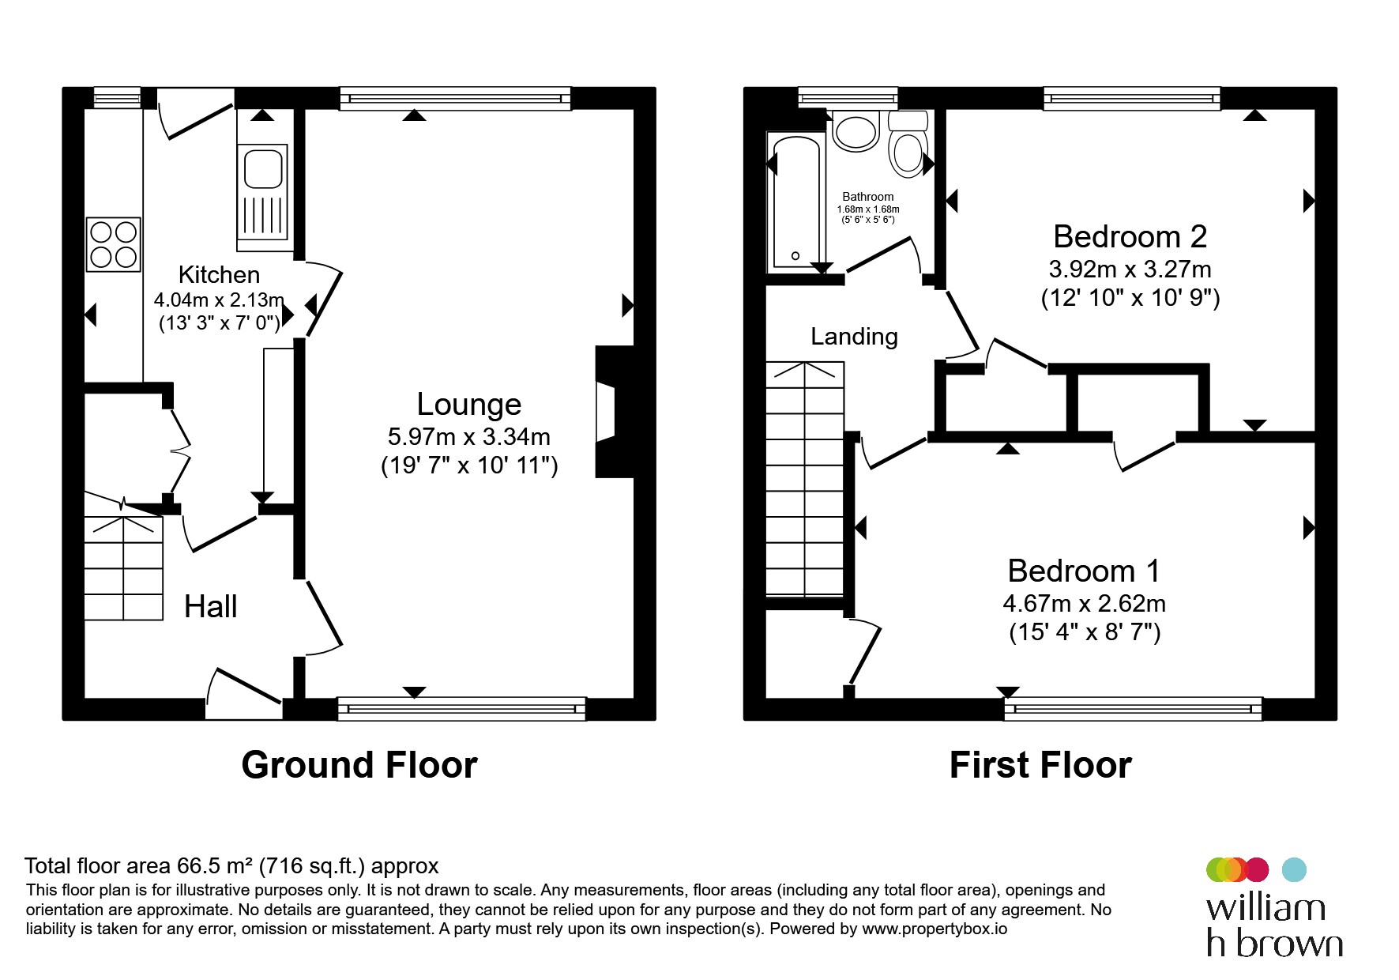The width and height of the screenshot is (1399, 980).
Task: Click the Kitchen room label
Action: coord(219,275)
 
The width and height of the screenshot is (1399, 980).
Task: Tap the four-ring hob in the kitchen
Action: coord(114,244)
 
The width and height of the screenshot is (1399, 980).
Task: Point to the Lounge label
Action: coord(469,405)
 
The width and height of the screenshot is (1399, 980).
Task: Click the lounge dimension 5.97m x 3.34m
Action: coord(469,436)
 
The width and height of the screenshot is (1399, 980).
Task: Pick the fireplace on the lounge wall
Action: coord(615,411)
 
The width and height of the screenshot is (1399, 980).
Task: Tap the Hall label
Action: coord(211,607)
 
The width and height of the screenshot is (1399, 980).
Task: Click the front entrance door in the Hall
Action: coord(244,694)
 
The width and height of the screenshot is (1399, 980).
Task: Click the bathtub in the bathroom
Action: coord(796,202)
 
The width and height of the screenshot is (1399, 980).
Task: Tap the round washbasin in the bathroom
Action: coord(856,131)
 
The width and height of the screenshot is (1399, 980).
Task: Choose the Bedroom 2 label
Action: coord(1130,236)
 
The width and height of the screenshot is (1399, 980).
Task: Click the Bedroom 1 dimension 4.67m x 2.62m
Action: coord(1085,604)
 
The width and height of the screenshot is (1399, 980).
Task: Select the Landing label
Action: coord(855,337)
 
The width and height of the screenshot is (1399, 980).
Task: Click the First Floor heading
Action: coord(1040,765)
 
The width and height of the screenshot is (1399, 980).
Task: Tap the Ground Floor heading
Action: coord(359,765)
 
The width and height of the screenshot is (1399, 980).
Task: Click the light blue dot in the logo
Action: coord(1294,869)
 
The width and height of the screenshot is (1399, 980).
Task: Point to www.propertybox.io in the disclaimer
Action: coord(935,929)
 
